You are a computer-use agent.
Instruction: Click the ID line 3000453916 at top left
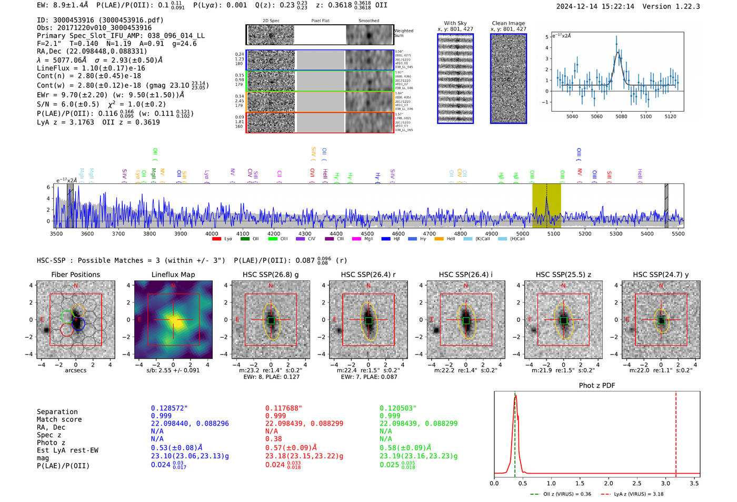point(100,20)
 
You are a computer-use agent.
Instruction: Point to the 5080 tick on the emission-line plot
point(621,116)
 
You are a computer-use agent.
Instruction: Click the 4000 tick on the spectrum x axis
point(212,233)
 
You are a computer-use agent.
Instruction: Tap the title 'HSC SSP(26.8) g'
point(271,274)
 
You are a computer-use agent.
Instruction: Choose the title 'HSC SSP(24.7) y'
point(661,274)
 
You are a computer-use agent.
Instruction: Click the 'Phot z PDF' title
point(597,386)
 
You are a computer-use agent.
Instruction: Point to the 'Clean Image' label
point(508,23)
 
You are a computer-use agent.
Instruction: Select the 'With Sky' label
point(455,23)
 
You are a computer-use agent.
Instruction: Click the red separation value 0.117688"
point(284,408)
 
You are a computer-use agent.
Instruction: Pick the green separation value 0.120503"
point(399,408)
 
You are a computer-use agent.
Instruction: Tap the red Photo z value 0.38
point(273,439)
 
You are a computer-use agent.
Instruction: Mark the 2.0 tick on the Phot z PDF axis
point(608,483)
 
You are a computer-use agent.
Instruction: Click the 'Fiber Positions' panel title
point(75,274)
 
